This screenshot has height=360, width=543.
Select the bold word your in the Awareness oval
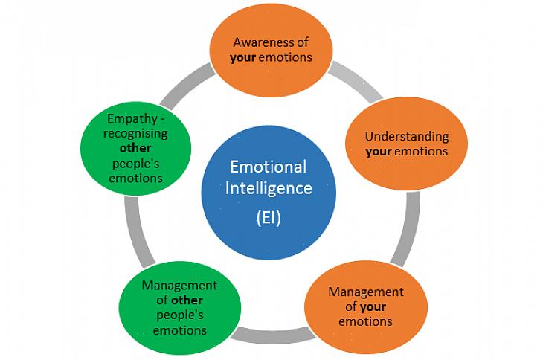(x=243, y=57)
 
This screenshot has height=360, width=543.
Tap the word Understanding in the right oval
(x=406, y=137)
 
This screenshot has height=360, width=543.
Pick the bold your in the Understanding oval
(x=378, y=151)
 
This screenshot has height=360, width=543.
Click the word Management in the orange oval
(x=365, y=292)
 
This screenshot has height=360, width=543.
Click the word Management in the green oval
(x=179, y=286)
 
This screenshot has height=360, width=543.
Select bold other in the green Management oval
(x=187, y=300)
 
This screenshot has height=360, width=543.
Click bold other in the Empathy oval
(x=135, y=148)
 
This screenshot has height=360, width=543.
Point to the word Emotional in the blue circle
(x=269, y=166)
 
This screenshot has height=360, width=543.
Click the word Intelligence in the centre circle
(x=269, y=188)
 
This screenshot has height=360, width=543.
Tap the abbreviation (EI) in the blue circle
(x=268, y=219)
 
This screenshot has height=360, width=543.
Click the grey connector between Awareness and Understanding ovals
(x=355, y=83)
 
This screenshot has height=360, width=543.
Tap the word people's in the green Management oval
(x=179, y=315)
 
